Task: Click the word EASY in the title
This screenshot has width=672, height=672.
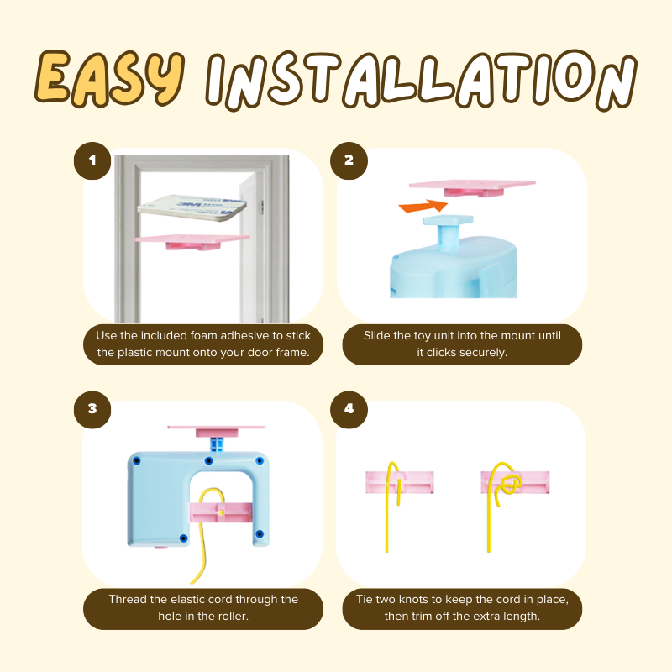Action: pyautogui.click(x=110, y=78)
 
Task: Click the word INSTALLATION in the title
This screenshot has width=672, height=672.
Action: pyautogui.click(x=422, y=80)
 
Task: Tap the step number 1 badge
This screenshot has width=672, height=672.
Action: pyautogui.click(x=92, y=160)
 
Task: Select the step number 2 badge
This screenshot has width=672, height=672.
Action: pyautogui.click(x=349, y=160)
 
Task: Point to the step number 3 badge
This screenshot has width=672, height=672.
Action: pyautogui.click(x=92, y=409)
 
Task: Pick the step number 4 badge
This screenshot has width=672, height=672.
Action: pyautogui.click(x=349, y=409)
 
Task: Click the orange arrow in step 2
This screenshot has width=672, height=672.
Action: pyautogui.click(x=423, y=206)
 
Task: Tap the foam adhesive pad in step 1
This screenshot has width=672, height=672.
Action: pyautogui.click(x=192, y=207)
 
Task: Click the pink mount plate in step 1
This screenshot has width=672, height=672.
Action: pyautogui.click(x=192, y=241)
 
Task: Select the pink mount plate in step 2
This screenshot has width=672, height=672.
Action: pyautogui.click(x=472, y=187)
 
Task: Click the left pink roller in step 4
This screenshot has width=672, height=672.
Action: pyautogui.click(x=400, y=482)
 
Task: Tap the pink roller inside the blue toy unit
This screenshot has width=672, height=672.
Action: pyautogui.click(x=221, y=512)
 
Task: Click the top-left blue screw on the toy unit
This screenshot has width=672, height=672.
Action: pyautogui.click(x=137, y=461)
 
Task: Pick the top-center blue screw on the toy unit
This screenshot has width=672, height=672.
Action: pyautogui.click(x=208, y=461)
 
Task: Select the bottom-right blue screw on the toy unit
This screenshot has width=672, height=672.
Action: pyautogui.click(x=259, y=534)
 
